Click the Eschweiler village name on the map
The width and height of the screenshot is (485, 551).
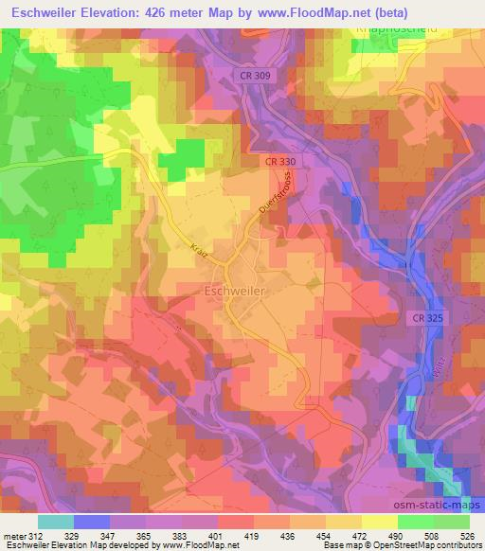pos(235,292)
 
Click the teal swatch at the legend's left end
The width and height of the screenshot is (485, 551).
pos(55,521)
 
